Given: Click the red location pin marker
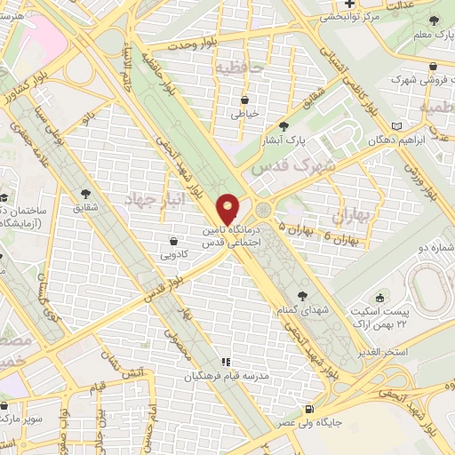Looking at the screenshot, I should tap(228, 209).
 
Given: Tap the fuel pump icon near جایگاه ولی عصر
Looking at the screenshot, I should tap(308, 409).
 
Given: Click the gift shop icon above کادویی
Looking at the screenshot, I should tap(174, 241).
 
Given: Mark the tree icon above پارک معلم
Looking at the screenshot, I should tap(434, 22).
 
